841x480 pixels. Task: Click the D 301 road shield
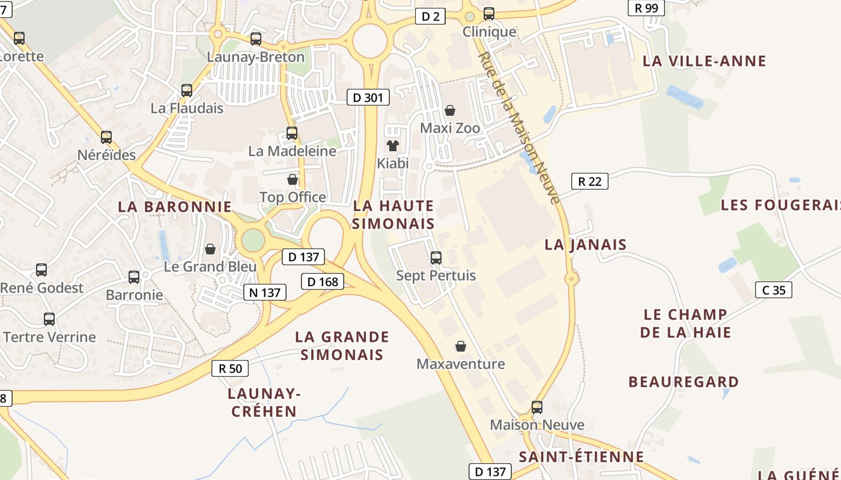pyautogui.click(x=368, y=97)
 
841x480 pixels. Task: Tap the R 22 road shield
pyautogui.click(x=589, y=181)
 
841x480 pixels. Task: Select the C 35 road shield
pyautogui.click(x=773, y=290)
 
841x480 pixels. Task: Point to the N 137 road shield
pyautogui.click(x=264, y=292)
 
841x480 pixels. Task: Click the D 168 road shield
pyautogui.click(x=323, y=281)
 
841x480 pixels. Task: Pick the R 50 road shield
pyautogui.click(x=230, y=368)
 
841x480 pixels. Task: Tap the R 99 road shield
pyautogui.click(x=646, y=8)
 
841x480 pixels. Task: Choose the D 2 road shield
pyautogui.click(x=431, y=17)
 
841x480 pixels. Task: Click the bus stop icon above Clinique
pyautogui.click(x=489, y=13)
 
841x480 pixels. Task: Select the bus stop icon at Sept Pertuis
pyautogui.click(x=436, y=258)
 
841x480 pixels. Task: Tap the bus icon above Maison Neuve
pyautogui.click(x=537, y=407)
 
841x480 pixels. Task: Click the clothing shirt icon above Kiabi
pyautogui.click(x=393, y=145)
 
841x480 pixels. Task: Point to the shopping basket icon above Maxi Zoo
pyautogui.click(x=450, y=110)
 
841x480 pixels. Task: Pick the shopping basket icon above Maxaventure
pyautogui.click(x=461, y=346)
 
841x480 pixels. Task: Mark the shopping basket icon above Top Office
pyautogui.click(x=293, y=179)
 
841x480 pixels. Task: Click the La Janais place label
pyautogui.click(x=585, y=244)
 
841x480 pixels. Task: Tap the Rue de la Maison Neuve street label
pyautogui.click(x=520, y=127)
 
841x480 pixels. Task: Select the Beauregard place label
pyautogui.click(x=684, y=382)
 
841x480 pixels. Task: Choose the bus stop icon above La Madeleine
pyautogui.click(x=292, y=133)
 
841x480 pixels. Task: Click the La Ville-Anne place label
pyautogui.click(x=704, y=61)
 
